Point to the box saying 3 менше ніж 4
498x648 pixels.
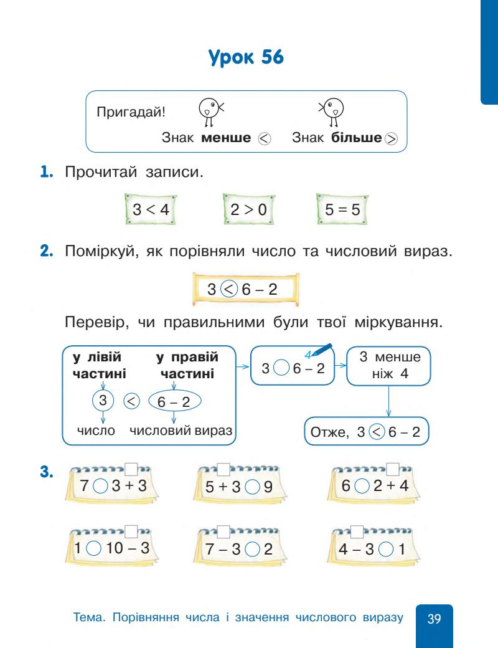(389, 366)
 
